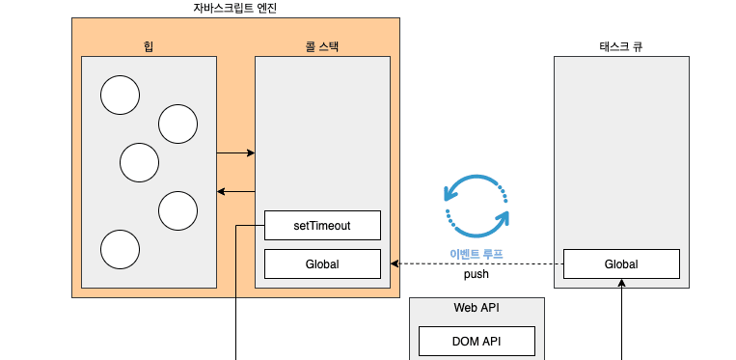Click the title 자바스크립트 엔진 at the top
pyautogui.click(x=235, y=8)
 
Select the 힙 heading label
pyautogui.click(x=149, y=45)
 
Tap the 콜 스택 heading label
pyautogui.click(x=322, y=45)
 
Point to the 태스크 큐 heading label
pyautogui.click(x=620, y=45)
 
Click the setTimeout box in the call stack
pyautogui.click(x=322, y=226)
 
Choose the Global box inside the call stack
pyautogui.click(x=322, y=263)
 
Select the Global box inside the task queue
pyautogui.click(x=621, y=263)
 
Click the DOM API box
pyautogui.click(x=477, y=341)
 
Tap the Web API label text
pyautogui.click(x=477, y=308)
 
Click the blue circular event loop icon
pyautogui.click(x=477, y=206)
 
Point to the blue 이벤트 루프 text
pyautogui.click(x=477, y=254)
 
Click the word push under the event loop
pyautogui.click(x=477, y=274)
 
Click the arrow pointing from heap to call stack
pyautogui.click(x=236, y=152)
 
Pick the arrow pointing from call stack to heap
pyautogui.click(x=236, y=191)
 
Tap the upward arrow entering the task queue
pyautogui.click(x=621, y=318)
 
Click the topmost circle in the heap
pyautogui.click(x=121, y=95)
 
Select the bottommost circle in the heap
pyautogui.click(x=121, y=249)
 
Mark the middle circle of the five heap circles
pyautogui.click(x=139, y=162)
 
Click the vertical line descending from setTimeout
pyautogui.click(x=236, y=299)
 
